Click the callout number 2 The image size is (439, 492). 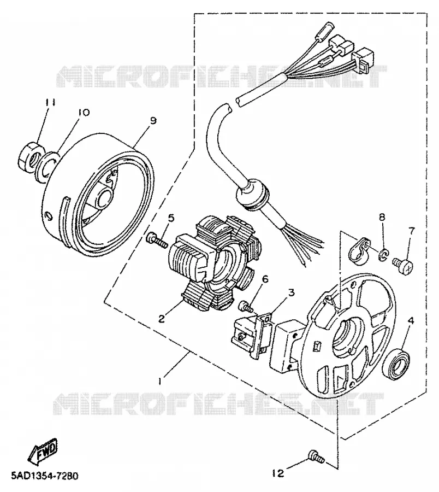tap(162, 319)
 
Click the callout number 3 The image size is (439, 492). tap(291, 293)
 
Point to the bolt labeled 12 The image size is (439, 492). tap(316, 458)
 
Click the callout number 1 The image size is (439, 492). tap(160, 381)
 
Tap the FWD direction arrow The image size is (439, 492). tap(43, 450)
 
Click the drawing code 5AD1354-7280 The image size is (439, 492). tap(44, 476)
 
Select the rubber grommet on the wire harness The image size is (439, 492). tap(252, 195)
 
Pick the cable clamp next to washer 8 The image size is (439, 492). tap(359, 250)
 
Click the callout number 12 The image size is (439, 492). tap(277, 473)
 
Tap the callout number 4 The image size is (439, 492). tap(411, 321)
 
